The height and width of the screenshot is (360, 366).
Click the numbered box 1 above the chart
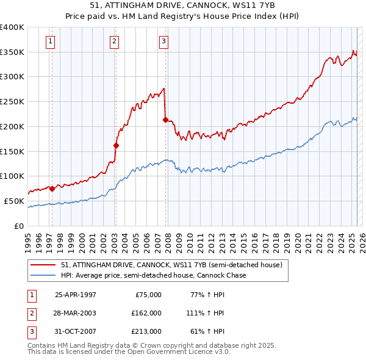click(x=50, y=41)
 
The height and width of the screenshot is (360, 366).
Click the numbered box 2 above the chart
click(x=114, y=41)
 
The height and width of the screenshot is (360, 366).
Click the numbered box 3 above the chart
click(x=164, y=41)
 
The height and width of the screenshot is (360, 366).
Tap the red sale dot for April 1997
click(x=52, y=189)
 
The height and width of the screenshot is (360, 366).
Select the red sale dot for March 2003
click(x=116, y=145)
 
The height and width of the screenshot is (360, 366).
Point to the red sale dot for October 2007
click(x=165, y=120)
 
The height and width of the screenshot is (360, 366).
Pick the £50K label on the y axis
click(x=15, y=201)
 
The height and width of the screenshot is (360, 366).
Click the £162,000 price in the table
click(x=147, y=313)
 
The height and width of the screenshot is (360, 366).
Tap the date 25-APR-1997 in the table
click(x=76, y=295)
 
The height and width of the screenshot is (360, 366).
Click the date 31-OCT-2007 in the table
click(x=76, y=331)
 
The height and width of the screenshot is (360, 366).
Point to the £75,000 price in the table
click(x=149, y=295)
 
